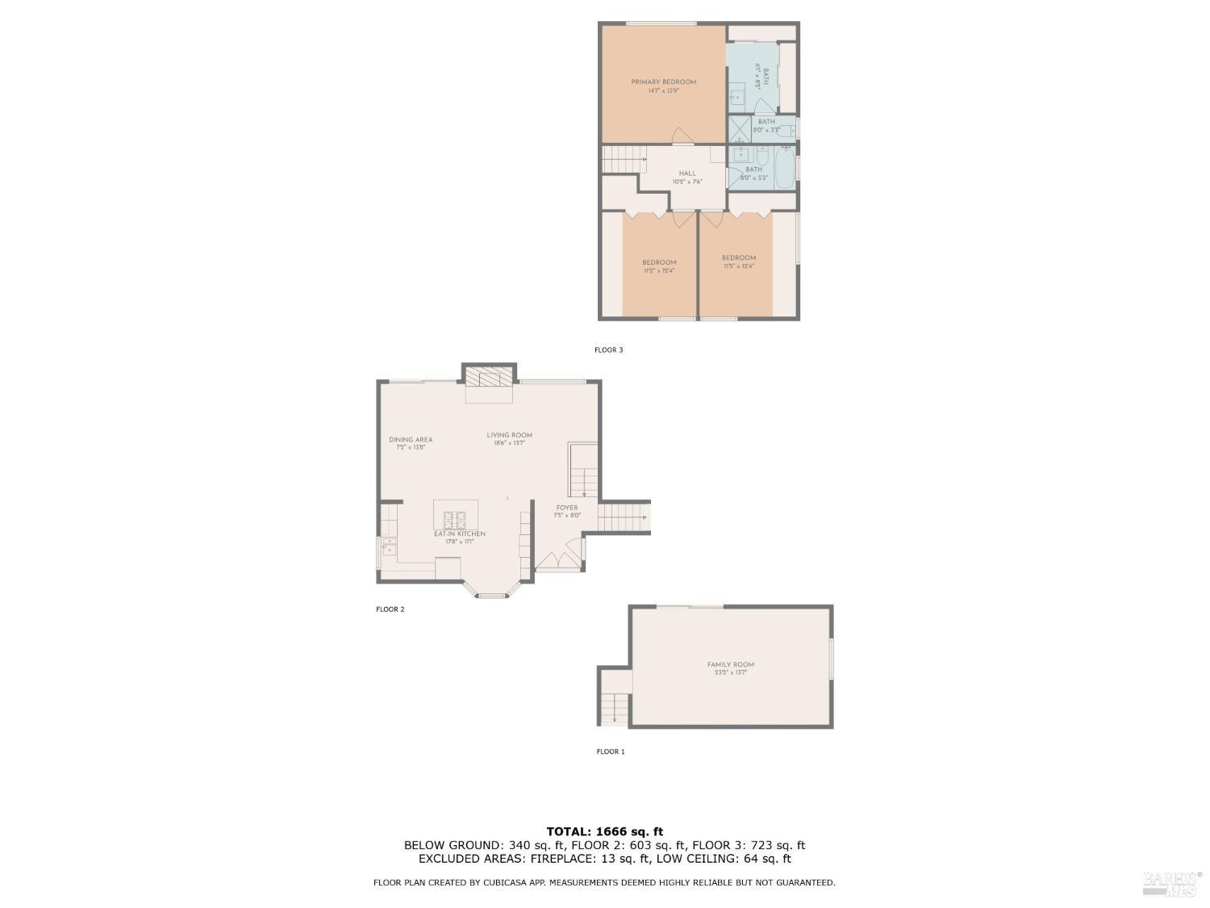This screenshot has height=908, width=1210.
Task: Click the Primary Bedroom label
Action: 663,82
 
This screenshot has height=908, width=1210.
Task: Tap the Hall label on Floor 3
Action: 687,174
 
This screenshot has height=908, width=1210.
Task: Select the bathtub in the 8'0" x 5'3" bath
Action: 783,168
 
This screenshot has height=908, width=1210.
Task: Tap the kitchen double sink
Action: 389,546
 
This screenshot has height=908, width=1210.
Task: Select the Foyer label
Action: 566,508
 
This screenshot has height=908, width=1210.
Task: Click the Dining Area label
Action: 411,440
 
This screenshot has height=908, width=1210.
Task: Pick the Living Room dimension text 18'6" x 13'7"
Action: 510,443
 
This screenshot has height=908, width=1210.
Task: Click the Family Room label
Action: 731,664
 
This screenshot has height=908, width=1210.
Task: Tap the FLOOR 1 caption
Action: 611,751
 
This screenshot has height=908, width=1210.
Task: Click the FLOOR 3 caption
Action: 609,349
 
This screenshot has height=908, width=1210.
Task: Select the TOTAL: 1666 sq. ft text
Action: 604,831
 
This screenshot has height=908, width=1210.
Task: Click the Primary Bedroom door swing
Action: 682,136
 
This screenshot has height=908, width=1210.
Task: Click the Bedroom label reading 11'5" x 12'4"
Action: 739,258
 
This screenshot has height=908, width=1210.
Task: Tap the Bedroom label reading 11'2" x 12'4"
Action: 659,262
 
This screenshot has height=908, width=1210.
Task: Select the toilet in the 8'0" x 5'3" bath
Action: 762,155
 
